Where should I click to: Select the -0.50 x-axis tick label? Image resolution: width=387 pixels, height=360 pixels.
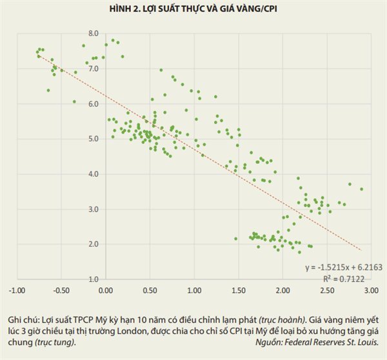pos(61,290)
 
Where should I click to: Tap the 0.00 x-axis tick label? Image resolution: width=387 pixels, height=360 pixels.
pos(106,290)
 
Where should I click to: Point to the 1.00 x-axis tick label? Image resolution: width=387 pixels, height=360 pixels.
pos(194,290)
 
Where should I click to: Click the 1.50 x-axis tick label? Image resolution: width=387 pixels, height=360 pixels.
pos(239,290)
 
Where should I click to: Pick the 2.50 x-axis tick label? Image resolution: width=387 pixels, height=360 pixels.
pos(327,290)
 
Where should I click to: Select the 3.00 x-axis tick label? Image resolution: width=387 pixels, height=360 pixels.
pos(371,290)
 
